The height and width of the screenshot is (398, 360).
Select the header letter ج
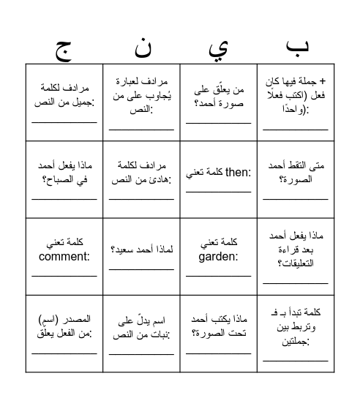64,48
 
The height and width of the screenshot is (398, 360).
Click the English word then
238,173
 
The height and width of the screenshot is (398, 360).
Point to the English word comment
64,257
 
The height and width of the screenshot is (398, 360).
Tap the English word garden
217,257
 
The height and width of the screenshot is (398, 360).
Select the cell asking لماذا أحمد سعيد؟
141,249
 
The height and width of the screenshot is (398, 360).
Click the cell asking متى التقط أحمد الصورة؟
296,173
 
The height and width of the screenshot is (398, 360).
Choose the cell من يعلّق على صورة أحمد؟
219,96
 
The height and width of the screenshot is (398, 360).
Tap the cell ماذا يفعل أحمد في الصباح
64,173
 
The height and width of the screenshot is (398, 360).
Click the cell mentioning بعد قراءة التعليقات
296,249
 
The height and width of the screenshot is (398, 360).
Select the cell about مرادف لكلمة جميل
64,96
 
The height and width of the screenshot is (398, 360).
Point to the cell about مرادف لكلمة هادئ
141,173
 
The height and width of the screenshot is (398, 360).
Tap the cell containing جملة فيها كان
296,96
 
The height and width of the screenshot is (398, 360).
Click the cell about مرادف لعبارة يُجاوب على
141,96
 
